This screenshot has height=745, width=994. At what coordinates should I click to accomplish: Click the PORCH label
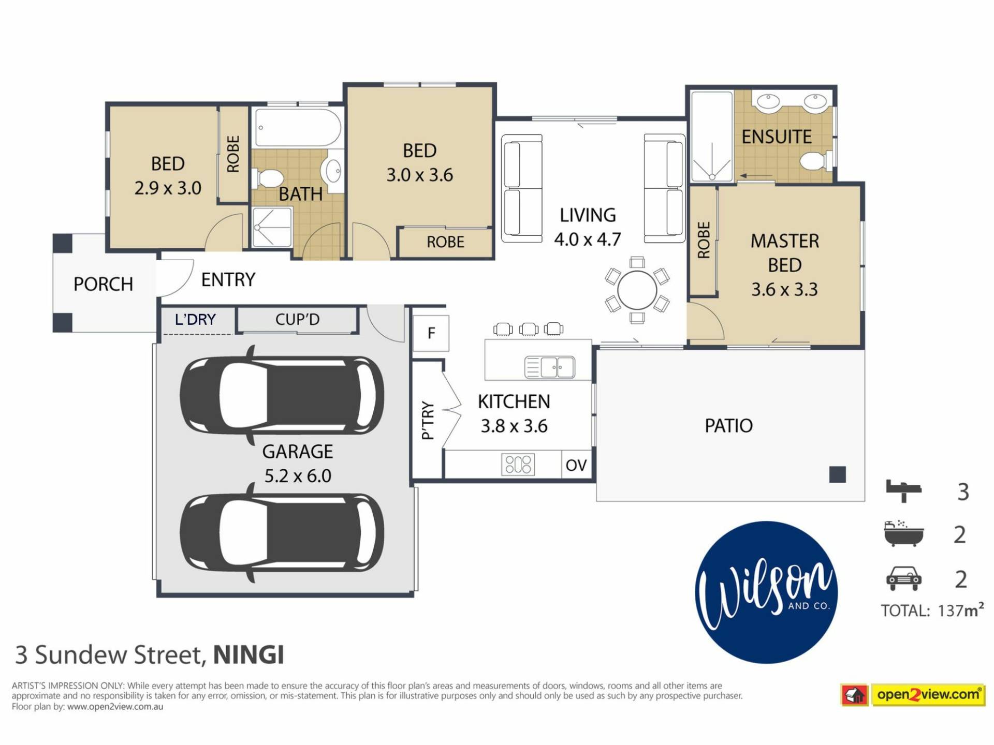103,284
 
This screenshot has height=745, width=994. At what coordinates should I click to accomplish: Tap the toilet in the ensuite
816,160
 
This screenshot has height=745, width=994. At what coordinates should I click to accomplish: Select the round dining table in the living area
637,290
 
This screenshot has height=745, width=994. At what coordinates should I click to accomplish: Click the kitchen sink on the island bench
549,367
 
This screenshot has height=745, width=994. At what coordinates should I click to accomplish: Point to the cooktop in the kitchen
518,464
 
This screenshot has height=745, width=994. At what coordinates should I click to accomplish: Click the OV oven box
577,465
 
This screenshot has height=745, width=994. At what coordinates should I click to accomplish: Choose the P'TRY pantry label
428,420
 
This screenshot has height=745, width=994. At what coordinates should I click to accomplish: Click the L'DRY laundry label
195,319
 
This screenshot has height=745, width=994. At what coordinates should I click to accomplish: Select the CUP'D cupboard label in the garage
297,319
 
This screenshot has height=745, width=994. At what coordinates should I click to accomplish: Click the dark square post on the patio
837,474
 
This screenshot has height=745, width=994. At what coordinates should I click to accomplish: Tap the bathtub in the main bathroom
298,128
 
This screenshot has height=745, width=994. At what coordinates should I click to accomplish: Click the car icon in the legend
903,578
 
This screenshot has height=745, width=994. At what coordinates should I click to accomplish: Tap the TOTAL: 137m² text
932,610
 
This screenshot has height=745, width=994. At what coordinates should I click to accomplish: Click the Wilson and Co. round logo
766,592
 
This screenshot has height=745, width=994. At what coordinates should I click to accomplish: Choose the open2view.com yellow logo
913,694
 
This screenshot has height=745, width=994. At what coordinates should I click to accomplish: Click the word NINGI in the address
248,655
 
